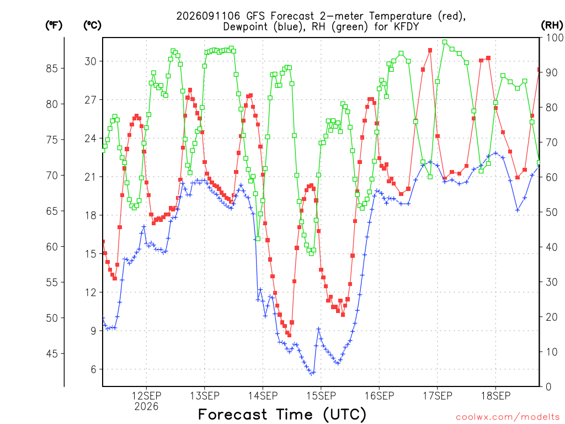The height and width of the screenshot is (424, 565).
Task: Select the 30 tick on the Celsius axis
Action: click(x=91, y=61)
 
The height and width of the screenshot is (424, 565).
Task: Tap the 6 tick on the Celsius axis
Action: click(x=94, y=369)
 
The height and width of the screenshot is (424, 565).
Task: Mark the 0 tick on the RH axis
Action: click(x=549, y=387)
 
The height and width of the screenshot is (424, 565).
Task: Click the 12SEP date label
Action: click(x=146, y=396)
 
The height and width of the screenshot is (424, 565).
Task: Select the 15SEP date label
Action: click(x=321, y=396)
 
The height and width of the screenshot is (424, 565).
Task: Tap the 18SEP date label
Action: click(x=496, y=396)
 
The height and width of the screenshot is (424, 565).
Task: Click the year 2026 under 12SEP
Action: click(x=146, y=407)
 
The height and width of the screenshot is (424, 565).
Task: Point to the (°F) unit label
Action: click(x=54, y=25)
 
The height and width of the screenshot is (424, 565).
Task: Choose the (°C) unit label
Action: click(x=92, y=25)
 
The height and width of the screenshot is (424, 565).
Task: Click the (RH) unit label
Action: click(x=552, y=25)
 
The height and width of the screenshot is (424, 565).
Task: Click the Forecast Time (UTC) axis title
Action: click(x=282, y=415)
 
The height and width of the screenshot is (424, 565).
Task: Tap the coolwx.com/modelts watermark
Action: click(x=508, y=417)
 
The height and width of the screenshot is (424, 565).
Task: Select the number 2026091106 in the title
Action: click(x=208, y=16)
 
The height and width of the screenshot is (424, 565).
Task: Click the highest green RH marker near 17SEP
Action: click(x=445, y=42)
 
